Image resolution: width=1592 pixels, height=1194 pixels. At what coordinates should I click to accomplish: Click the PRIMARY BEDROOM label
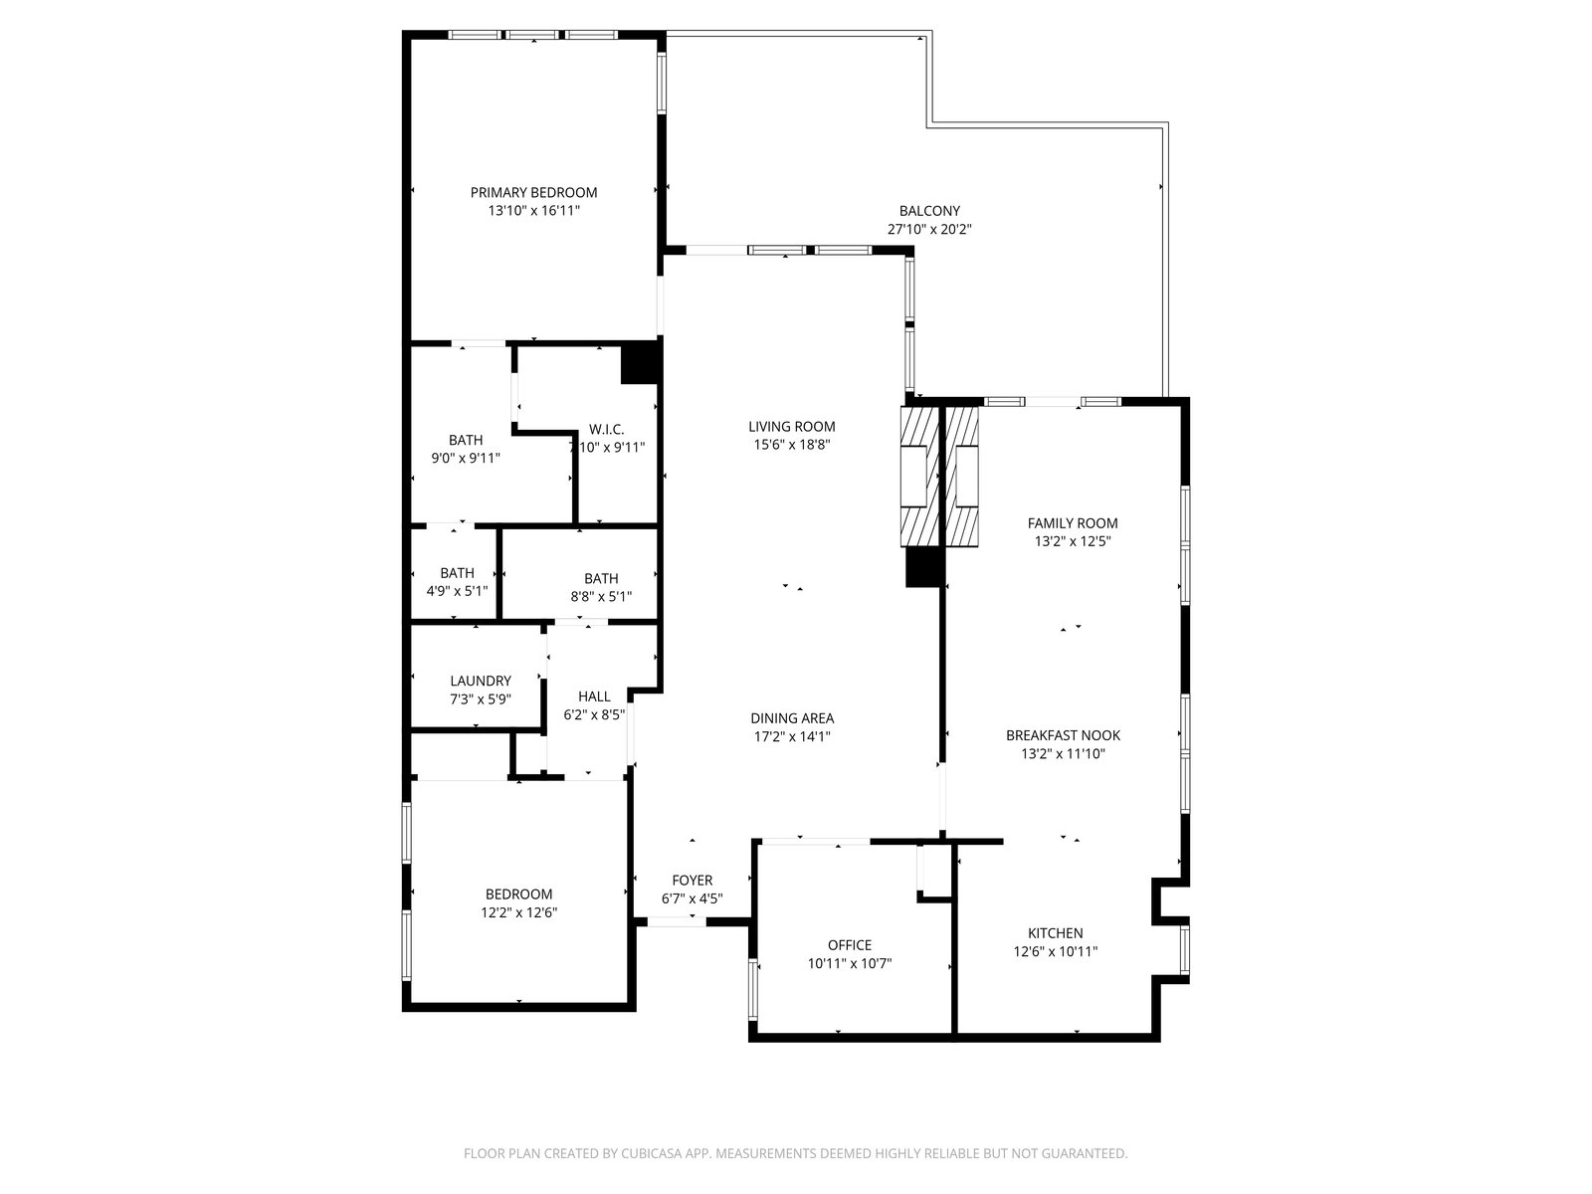[533, 193]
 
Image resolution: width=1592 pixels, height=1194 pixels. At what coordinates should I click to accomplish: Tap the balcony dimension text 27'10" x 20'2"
[929, 229]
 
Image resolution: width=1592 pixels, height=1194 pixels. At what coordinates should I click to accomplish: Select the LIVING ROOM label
[791, 426]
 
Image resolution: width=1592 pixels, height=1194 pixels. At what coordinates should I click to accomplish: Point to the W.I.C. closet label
[606, 429]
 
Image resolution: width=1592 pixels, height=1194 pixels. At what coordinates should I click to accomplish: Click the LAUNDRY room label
[481, 681]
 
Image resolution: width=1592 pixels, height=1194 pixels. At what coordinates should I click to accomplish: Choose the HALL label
[594, 696]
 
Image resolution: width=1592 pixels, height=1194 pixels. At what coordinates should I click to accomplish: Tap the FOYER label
[692, 881]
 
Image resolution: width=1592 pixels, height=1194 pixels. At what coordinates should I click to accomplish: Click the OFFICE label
[850, 945]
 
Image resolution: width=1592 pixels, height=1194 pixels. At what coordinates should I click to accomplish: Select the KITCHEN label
[1056, 933]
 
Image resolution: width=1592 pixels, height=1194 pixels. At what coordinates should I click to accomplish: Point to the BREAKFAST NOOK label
[1063, 735]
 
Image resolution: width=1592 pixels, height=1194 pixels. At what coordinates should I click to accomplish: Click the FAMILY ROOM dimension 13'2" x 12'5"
[1073, 541]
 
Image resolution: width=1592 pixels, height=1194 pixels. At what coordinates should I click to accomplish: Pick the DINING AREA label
[792, 718]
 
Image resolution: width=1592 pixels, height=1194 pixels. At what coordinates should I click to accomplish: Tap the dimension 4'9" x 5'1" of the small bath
[457, 591]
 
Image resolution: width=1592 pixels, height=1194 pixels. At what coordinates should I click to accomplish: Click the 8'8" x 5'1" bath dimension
[601, 597]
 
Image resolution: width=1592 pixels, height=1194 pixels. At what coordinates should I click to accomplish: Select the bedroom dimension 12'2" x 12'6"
[518, 912]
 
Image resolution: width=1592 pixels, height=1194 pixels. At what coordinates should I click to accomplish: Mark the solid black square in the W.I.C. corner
[640, 362]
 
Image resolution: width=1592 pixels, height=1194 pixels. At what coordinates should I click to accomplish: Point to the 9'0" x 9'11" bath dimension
[466, 458]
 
